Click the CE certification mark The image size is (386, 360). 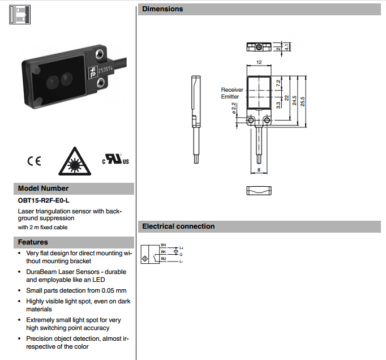coord(34,161)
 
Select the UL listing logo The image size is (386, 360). coord(115,160)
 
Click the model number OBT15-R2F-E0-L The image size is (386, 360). coord(44,200)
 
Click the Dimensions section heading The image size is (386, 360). coord(163,9)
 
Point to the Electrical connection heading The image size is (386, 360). coord(178,226)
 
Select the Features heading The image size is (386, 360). coord(33,242)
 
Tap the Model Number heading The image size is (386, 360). coord(43,188)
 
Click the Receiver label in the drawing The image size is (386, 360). coord(231,90)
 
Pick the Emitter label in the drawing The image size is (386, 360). coord(230,97)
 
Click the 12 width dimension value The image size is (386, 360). coord(259,63)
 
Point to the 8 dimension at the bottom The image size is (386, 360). coord(259,170)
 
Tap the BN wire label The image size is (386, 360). coord(164,245)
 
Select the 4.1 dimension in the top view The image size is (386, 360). coord(288,48)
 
